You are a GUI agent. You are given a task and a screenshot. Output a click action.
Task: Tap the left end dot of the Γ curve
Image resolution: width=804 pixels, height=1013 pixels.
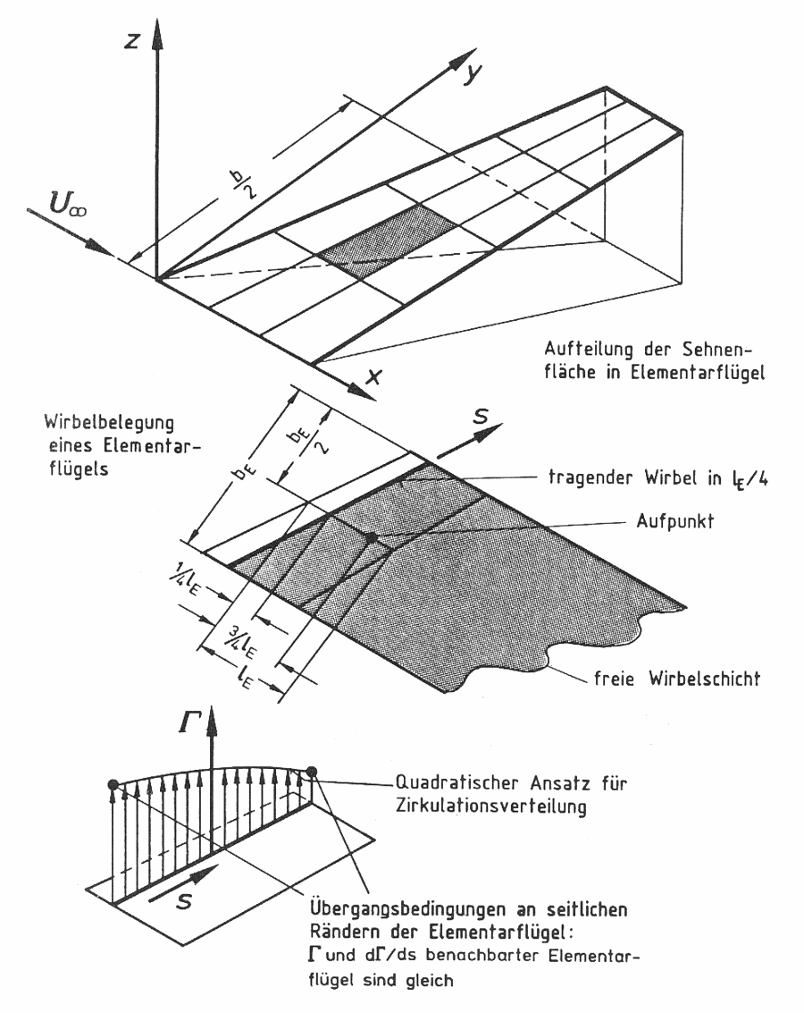tap(112, 786)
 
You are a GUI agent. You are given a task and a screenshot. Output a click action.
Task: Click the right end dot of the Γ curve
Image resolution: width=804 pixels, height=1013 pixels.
tap(312, 772)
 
